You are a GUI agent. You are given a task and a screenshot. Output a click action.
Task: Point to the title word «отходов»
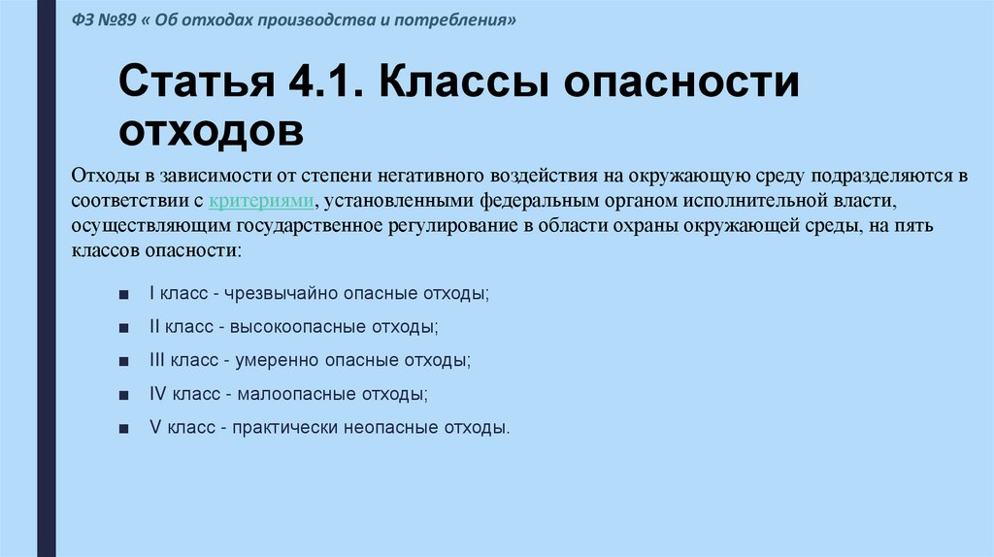(212, 130)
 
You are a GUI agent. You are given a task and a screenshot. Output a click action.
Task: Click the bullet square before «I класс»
(124, 293)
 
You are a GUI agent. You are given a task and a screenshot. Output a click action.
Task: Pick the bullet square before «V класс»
(124, 428)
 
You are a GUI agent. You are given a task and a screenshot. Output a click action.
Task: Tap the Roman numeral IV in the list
(159, 394)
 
